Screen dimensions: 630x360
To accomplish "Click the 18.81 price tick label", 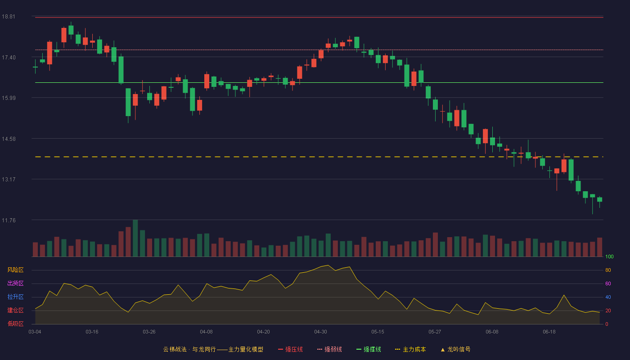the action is click(x=9, y=17).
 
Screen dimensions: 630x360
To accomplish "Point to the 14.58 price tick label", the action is click(x=9, y=139).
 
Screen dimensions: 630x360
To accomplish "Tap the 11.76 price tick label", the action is click(x=9, y=220).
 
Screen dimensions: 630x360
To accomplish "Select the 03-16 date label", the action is click(x=92, y=332).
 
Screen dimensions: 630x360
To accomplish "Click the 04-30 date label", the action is click(x=320, y=332).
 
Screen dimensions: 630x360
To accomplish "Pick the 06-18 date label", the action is click(x=549, y=332).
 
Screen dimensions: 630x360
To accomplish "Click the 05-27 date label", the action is click(x=435, y=332).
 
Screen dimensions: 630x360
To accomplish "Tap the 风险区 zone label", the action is click(x=15, y=270).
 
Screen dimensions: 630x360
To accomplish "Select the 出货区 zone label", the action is click(x=15, y=283).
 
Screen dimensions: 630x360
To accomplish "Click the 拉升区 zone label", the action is click(x=15, y=297).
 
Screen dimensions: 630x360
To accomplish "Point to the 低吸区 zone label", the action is click(x=15, y=324).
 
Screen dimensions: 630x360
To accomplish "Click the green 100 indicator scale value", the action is click(x=609, y=256).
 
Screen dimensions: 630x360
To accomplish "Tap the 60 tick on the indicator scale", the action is click(x=608, y=283).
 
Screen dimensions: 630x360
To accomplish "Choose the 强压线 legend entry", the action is click(x=290, y=349).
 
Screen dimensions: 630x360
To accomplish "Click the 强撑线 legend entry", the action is click(x=369, y=349).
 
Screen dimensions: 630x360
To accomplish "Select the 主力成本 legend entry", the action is click(x=410, y=349).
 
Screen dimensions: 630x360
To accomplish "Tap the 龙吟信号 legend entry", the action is click(x=455, y=349).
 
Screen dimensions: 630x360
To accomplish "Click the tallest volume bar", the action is click(x=135, y=238).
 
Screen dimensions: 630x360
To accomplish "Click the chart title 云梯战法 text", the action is click(x=175, y=349).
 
